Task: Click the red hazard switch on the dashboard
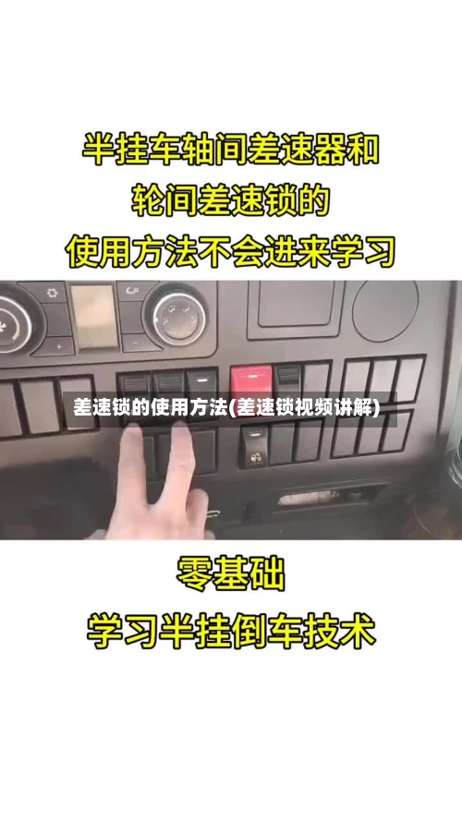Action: click(x=251, y=379)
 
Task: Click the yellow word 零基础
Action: click(x=231, y=574)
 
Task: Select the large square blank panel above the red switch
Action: click(x=299, y=303)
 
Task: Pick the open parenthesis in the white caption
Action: click(x=232, y=408)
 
